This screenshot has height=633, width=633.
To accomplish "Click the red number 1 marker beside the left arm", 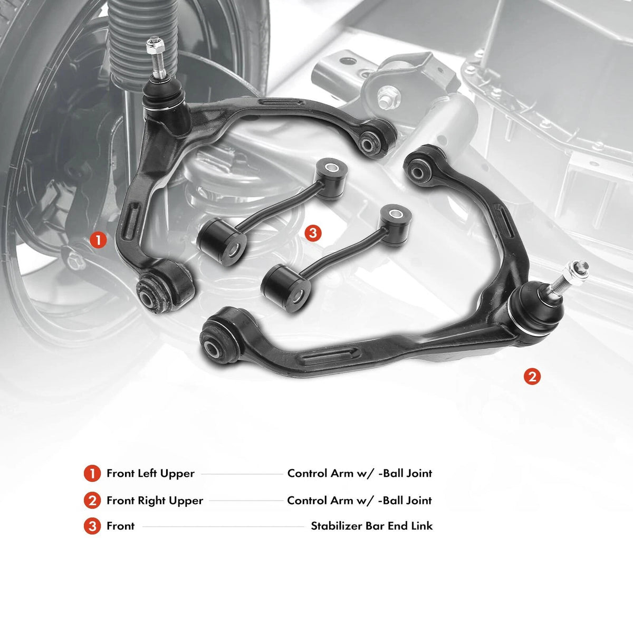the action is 98,240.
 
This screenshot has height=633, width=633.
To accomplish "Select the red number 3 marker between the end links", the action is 313,233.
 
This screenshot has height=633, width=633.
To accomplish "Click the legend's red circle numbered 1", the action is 92,473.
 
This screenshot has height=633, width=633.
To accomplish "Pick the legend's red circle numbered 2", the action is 92,501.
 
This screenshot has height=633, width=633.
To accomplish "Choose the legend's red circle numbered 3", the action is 92,526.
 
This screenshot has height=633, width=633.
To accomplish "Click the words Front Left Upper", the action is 150,474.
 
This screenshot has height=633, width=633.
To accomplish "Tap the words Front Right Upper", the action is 155,501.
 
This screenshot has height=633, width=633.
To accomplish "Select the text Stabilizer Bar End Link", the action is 371,526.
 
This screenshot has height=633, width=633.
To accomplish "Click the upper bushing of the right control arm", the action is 424,166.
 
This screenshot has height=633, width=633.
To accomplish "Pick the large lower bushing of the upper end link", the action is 222,242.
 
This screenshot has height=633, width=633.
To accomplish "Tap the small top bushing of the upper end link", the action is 331,178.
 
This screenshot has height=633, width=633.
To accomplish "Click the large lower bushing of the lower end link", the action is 286,288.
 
